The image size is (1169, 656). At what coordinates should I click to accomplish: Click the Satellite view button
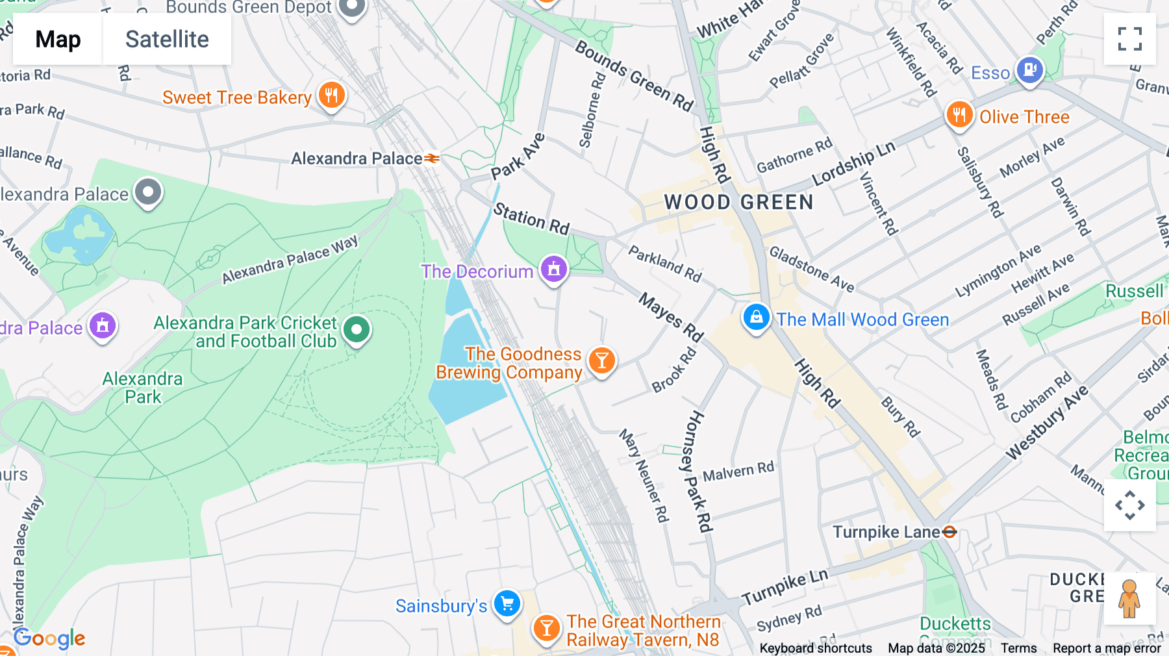167,39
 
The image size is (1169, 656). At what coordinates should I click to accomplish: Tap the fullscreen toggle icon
1129,39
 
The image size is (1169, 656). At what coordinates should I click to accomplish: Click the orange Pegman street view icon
1129,598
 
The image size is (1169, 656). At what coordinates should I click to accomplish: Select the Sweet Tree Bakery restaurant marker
331,95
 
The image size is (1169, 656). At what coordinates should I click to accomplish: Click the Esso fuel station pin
1029,69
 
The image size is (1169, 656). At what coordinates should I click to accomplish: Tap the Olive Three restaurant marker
959,115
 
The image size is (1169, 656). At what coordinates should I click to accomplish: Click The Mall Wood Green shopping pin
756,318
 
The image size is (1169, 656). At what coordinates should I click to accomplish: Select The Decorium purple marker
553,269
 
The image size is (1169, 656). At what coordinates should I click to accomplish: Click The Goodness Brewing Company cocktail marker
601,360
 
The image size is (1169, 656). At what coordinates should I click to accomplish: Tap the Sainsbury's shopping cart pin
507,604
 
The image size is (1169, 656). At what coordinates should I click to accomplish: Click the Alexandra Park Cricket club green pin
356,330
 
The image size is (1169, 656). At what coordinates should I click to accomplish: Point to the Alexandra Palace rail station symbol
432,158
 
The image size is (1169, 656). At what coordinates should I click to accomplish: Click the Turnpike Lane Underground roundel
949,532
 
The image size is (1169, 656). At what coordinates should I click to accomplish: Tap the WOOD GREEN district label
738,202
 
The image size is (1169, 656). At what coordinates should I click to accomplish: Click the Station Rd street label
531,218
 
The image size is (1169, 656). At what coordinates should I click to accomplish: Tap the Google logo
49,638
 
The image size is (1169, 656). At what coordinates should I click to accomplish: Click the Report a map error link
1107,648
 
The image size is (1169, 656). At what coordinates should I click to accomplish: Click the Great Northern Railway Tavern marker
546,628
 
